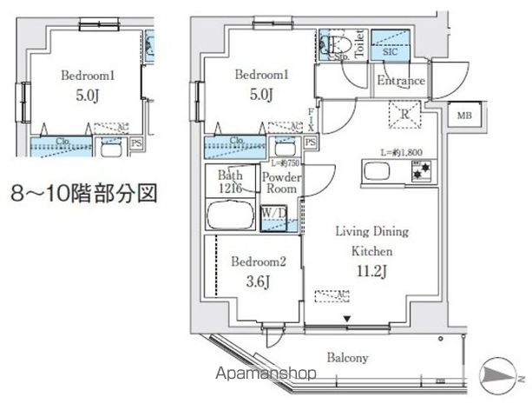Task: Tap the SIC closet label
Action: click(391, 51)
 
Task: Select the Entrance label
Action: click(400, 82)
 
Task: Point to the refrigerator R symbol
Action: click(405, 112)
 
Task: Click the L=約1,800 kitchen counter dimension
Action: click(400, 153)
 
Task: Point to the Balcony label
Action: click(348, 357)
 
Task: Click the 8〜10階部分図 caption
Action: click(84, 192)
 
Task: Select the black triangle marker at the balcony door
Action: click(348, 320)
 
